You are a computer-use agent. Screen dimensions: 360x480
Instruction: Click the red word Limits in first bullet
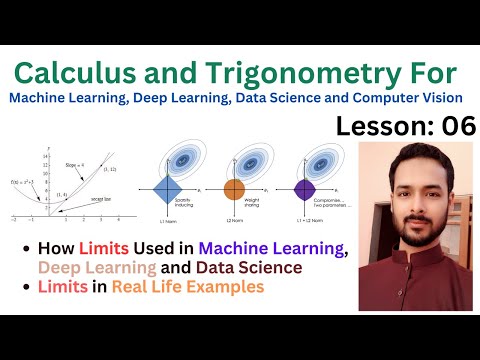coord(108,249)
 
